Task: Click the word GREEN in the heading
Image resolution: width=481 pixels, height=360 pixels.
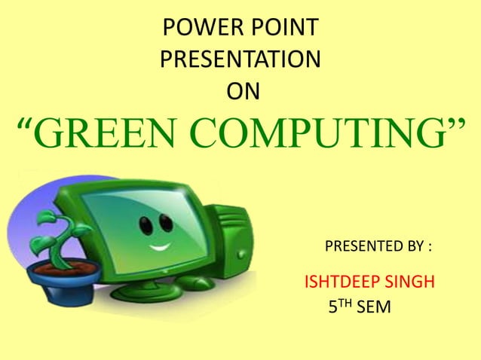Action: [101, 135]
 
